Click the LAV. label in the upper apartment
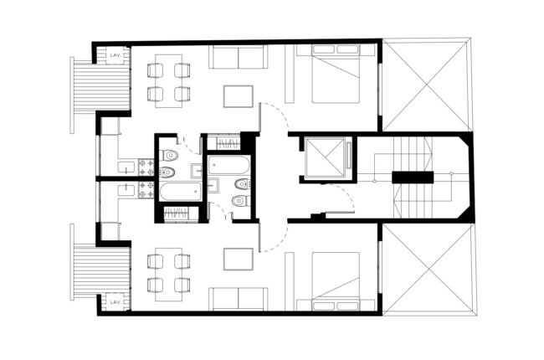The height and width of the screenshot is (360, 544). pyautogui.click(x=115, y=55)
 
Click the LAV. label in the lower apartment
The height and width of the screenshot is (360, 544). pyautogui.click(x=115, y=302)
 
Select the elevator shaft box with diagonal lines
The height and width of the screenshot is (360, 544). pyautogui.click(x=325, y=157)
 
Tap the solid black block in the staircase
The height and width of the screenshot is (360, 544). pyautogui.click(x=413, y=177)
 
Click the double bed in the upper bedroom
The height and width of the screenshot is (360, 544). pyautogui.click(x=336, y=74)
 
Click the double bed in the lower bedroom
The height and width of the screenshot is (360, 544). pyautogui.click(x=336, y=281)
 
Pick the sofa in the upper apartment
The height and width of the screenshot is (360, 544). pyautogui.click(x=239, y=57)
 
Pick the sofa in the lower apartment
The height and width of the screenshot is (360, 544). pyautogui.click(x=239, y=299)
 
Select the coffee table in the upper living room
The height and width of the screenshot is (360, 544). pyautogui.click(x=239, y=96)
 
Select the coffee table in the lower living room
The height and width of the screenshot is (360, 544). pyautogui.click(x=239, y=259)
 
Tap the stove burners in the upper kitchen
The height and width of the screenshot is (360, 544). pyautogui.click(x=146, y=167)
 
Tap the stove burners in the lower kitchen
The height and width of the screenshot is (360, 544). pyautogui.click(x=146, y=190)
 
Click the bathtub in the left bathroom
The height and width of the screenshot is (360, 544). pyautogui.click(x=181, y=191)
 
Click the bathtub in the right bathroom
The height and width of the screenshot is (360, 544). pyautogui.click(x=229, y=165)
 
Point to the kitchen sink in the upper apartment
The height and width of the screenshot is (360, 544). pyautogui.click(x=126, y=167)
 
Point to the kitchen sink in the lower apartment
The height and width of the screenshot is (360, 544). pyautogui.click(x=126, y=190)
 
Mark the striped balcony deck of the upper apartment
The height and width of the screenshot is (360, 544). pyautogui.click(x=102, y=87)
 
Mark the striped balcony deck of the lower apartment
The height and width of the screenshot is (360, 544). pyautogui.click(x=102, y=270)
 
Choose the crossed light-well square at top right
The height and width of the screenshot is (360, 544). pyautogui.click(x=426, y=85)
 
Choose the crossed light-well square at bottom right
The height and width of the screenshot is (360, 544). pyautogui.click(x=429, y=270)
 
